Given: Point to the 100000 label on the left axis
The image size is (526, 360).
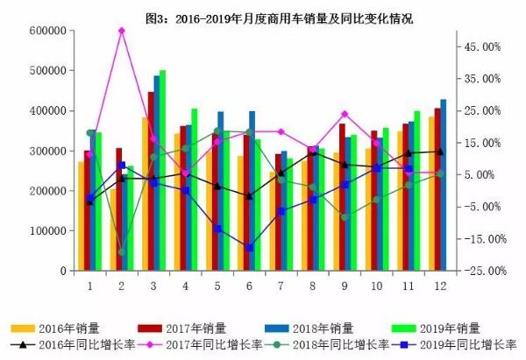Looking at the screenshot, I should point(52,231).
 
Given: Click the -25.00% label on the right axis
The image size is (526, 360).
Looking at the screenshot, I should point(482,271).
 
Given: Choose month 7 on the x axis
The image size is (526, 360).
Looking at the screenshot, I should point(281,286).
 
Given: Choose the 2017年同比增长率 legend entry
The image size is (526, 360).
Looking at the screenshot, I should point(197,344).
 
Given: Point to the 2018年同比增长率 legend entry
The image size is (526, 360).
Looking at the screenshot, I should point(324,344).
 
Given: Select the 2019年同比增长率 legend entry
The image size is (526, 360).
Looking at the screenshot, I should point(451,344).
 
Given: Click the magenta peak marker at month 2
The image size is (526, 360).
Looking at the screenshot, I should point(122,31).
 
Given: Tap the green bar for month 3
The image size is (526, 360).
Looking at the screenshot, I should point(162,171).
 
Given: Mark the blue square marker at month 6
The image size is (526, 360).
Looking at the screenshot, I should point(249,248).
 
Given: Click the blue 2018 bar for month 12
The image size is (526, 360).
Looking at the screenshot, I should point(443,185).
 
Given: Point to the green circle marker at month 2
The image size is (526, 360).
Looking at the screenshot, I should point(122,252).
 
